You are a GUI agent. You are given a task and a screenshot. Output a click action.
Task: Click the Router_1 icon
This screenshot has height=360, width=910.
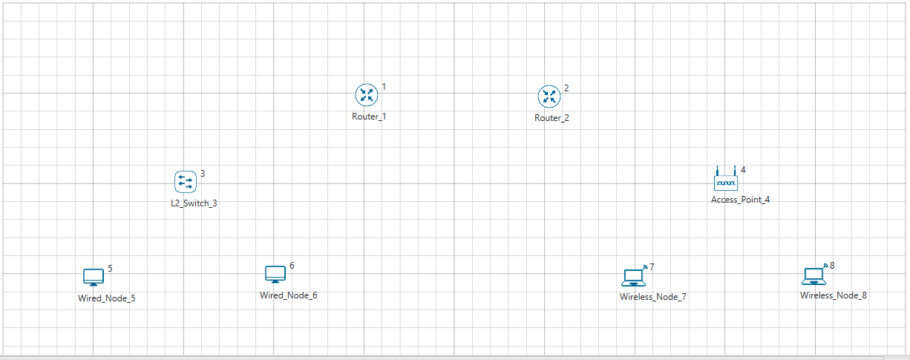coord(366,95)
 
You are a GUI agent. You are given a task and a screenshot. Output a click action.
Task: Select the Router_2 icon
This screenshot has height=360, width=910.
coord(549,96)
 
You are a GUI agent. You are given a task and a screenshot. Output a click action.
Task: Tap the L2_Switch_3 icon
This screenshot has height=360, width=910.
coord(185,181)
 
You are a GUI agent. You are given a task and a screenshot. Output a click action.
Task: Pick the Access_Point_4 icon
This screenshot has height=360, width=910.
coord(725,180)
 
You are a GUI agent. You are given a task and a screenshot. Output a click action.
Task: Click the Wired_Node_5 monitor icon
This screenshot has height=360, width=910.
coord(93,278)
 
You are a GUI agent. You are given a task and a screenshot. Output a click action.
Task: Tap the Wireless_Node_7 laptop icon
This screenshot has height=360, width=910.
coord(633,278)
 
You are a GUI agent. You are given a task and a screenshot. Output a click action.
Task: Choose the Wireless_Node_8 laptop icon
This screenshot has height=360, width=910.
coord(814,276)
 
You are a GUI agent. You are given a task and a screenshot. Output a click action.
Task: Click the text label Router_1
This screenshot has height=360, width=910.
coord(369,117)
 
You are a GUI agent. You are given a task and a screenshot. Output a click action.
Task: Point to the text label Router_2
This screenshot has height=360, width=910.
coord(551,118)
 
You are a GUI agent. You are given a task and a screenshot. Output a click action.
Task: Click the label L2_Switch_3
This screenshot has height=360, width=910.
coord(194,203)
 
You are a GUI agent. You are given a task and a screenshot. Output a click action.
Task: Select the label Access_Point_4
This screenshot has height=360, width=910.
coord(740,200)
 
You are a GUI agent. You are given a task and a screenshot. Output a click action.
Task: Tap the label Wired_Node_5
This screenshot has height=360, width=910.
coord(106,298)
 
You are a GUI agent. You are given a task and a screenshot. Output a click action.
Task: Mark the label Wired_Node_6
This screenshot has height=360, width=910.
coord(288,295)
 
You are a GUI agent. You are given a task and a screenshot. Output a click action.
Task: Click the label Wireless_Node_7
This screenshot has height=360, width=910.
coord(653,297)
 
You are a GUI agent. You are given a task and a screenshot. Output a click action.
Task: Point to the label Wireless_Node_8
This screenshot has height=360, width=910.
coord(833,295)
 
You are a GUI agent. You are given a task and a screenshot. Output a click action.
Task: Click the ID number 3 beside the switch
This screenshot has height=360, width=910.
coord(203,174)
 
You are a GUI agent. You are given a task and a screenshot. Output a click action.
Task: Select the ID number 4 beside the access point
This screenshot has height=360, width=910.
coord(743,170)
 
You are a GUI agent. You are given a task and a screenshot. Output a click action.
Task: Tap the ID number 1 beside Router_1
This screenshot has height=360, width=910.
coord(384,87)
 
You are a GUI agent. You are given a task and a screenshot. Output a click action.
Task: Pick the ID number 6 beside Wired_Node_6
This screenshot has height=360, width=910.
coord(292,265)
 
